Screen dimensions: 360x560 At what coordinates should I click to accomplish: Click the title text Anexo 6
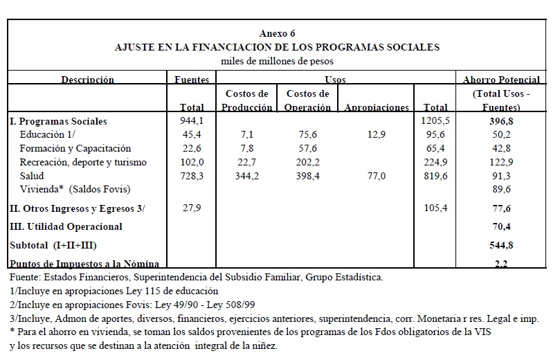[x=277, y=34]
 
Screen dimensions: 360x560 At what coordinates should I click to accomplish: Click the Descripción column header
[x=87, y=80]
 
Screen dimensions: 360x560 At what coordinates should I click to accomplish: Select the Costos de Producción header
[x=246, y=100]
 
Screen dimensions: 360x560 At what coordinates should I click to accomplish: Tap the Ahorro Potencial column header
[x=501, y=80]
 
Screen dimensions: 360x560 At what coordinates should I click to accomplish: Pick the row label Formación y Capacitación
[x=75, y=148]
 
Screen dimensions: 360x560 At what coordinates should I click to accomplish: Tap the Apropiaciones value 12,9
[x=377, y=135]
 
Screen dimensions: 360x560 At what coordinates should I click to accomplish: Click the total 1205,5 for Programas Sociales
[x=435, y=121]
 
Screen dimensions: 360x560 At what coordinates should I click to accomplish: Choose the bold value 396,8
[x=500, y=121]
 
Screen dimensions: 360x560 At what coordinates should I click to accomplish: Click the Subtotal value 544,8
[x=500, y=244]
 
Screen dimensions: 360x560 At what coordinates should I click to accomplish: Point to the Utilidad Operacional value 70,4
[x=500, y=226]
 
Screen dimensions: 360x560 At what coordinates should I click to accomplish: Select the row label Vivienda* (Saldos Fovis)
[x=75, y=189]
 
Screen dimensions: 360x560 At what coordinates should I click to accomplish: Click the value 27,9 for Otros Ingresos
[x=191, y=208]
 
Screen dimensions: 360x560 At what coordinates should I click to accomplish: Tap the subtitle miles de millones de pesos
[x=277, y=61]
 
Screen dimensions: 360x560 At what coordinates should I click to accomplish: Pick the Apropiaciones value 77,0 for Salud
[x=377, y=176]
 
